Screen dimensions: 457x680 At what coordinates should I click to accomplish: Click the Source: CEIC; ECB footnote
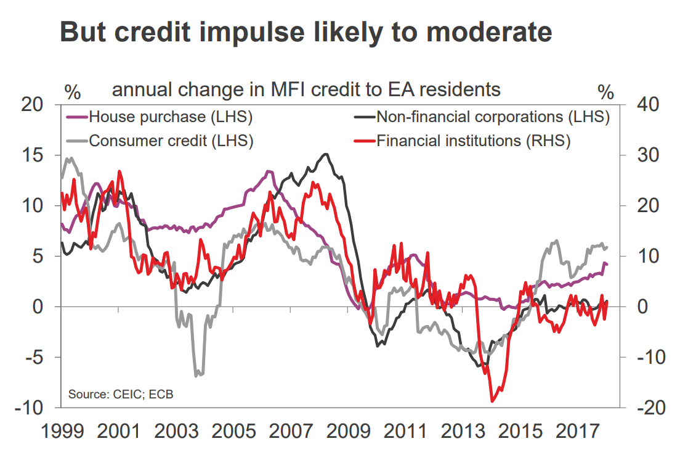coord(121,393)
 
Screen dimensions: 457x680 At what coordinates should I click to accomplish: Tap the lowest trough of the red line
coord(492,401)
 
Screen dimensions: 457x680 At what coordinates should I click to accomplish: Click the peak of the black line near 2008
coord(326,154)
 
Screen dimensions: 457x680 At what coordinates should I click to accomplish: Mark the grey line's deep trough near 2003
coord(197,374)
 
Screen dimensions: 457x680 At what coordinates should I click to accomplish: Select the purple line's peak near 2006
coord(269,171)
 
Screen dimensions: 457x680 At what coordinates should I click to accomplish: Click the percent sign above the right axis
coord(606,93)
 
